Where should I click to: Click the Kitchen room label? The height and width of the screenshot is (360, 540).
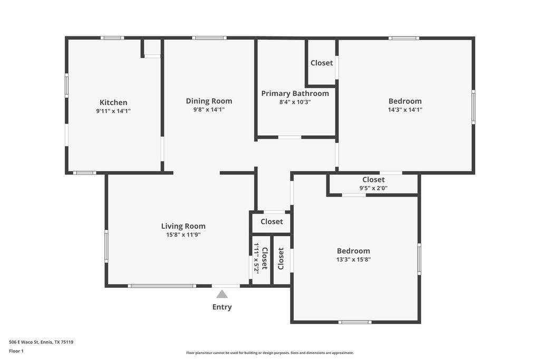click(113, 102)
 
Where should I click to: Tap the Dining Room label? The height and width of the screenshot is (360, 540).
click(209, 101)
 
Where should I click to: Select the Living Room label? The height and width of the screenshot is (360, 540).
click(183, 226)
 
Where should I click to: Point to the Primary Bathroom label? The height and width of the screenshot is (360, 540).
click(295, 93)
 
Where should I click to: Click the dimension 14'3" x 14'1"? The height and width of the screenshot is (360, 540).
click(405, 110)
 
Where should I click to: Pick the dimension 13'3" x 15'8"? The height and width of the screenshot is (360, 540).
click(353, 259)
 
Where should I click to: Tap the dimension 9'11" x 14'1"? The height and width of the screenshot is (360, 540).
click(113, 111)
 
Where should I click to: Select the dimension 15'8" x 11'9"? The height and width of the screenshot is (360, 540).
click(183, 235)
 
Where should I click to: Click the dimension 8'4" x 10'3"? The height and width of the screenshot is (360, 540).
click(295, 102)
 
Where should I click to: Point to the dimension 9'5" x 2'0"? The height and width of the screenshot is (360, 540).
click(374, 188)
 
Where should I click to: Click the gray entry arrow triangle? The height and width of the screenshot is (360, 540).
click(222, 294)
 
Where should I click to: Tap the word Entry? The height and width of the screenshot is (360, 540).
click(222, 307)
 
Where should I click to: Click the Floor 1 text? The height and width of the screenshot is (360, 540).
click(16, 351)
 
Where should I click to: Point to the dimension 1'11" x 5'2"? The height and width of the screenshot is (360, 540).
click(256, 257)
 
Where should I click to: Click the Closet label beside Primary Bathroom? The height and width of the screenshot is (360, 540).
click(322, 63)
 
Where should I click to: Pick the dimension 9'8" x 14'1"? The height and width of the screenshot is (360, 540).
click(209, 110)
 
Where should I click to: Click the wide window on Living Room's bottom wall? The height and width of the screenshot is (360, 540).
click(162, 286)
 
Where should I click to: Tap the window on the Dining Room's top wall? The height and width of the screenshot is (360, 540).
click(209, 38)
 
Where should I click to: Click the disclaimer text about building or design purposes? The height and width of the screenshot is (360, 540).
click(270, 353)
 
